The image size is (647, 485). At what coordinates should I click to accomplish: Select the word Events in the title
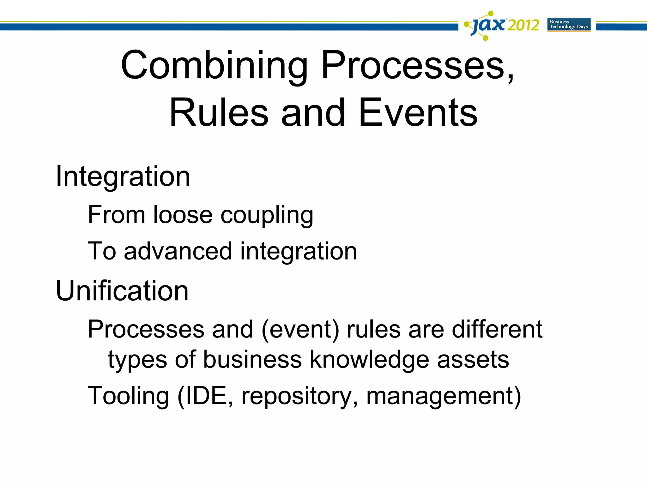[x=418, y=113]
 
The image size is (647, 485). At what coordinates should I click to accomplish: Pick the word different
[x=497, y=329]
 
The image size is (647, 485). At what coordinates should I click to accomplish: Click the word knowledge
[x=369, y=360]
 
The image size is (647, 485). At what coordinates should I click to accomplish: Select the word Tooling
[x=128, y=396]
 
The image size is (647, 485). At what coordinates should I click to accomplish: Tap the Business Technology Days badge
[x=569, y=24]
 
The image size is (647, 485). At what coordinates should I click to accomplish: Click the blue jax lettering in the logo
[x=488, y=25]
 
